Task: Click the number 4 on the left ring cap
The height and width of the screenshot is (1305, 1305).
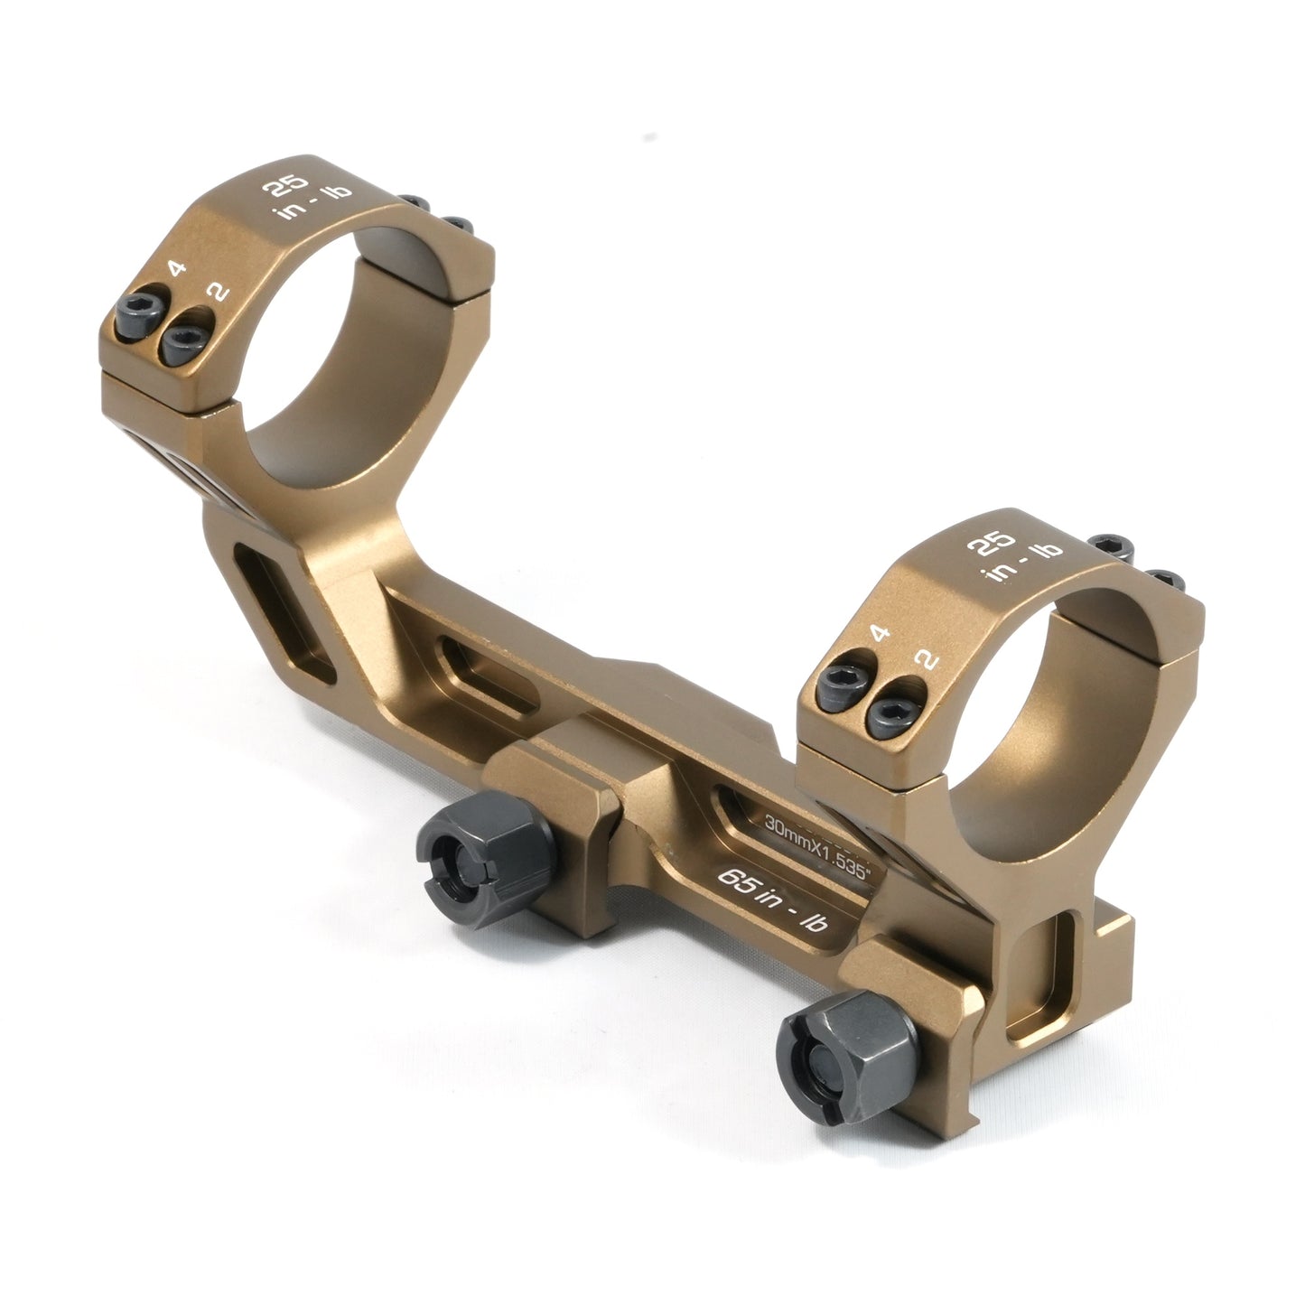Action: [x=177, y=268]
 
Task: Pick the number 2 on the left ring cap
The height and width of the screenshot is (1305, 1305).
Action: [x=219, y=292]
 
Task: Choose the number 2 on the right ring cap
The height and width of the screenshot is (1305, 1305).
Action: [x=926, y=659]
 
